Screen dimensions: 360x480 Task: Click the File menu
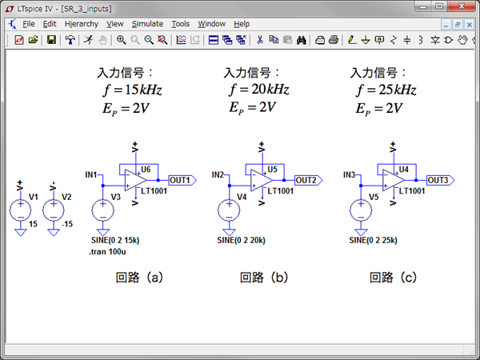(x=30, y=24)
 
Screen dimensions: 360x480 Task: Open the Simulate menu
(x=147, y=24)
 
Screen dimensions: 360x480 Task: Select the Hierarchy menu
(x=82, y=24)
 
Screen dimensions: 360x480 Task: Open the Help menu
(x=242, y=24)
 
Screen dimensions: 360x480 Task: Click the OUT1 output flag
(x=180, y=180)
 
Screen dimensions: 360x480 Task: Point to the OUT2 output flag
(x=308, y=180)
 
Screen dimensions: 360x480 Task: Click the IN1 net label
(x=91, y=174)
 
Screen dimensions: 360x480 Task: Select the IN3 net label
(x=349, y=174)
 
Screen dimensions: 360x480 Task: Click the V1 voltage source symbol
(x=20, y=210)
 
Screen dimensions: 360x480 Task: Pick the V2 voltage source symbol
(x=54, y=210)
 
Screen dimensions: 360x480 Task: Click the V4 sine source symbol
(x=229, y=210)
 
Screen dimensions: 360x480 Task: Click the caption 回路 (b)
(x=263, y=278)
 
